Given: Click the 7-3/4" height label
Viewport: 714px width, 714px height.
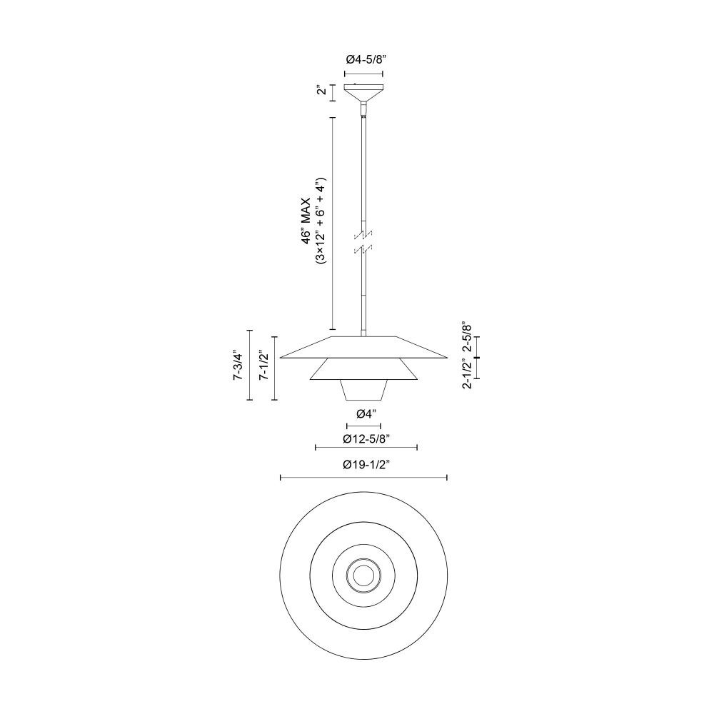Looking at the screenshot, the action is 237,365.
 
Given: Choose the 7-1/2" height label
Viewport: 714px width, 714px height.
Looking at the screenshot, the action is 263,365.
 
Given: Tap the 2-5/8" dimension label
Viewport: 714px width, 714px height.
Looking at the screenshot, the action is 467,337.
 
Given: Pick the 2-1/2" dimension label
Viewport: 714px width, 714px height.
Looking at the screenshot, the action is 467,374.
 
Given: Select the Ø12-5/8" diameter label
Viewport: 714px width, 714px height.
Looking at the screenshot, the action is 366,438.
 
